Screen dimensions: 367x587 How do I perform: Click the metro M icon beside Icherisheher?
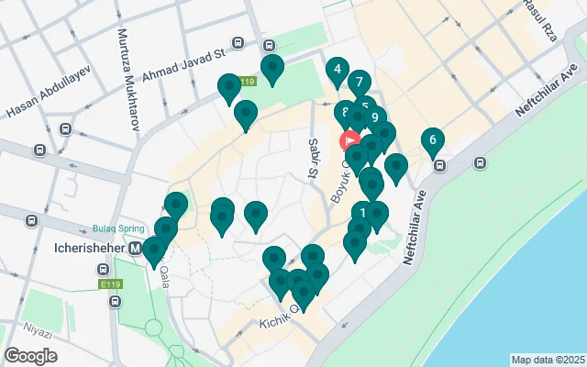(x=136, y=248)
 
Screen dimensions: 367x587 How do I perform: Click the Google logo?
(x=32, y=355)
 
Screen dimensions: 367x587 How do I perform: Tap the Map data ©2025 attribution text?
(x=548, y=360)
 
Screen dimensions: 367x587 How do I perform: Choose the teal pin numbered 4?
(x=338, y=71)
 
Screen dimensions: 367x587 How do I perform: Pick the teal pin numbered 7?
(x=359, y=83)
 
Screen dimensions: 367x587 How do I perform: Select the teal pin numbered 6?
(x=432, y=140)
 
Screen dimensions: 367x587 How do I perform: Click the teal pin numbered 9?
(x=375, y=118)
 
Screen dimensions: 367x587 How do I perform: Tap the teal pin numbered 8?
(x=346, y=115)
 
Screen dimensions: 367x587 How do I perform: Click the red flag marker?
(x=349, y=141)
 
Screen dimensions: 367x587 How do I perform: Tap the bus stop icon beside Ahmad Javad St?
(x=238, y=42)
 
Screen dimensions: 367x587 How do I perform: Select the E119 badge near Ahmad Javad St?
(x=245, y=82)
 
